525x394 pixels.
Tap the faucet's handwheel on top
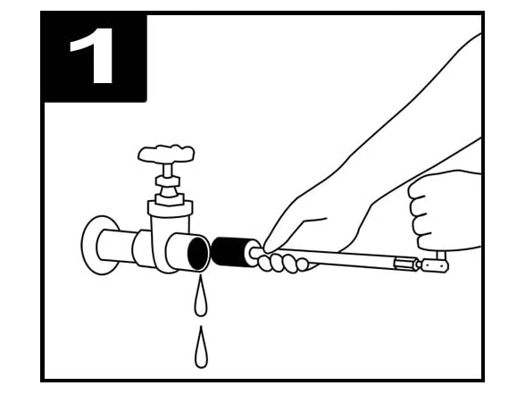166,154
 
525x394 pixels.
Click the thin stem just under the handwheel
167,170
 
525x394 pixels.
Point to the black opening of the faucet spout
197,254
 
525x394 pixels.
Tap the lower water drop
201,348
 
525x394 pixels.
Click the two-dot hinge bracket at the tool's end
435,266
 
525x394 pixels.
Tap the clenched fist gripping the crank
443,212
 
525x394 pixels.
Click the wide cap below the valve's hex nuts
171,209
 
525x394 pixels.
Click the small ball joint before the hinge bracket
418,264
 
